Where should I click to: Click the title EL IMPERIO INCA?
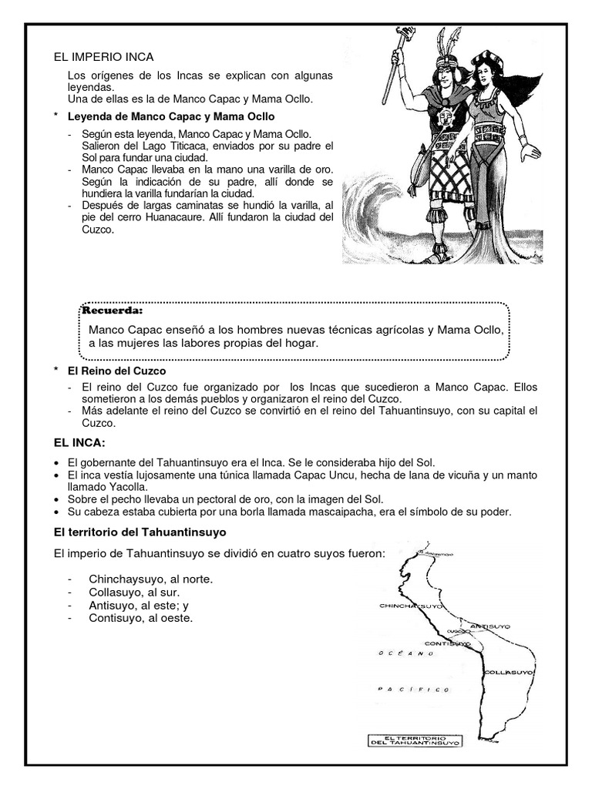pos(103,57)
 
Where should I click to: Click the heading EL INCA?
pos(79,444)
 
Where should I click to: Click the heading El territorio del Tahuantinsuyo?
pos(140,532)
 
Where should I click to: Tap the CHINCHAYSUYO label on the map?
pos(411,606)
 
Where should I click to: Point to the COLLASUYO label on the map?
pos(510,673)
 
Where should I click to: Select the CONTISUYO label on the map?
pos(447,643)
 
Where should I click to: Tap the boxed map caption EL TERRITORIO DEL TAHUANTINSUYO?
pos(415,740)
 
